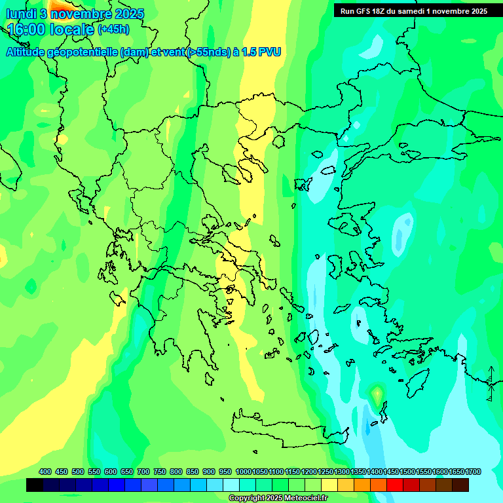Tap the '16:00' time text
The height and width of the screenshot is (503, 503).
[26, 29]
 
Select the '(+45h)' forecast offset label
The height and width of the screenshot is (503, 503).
[113, 29]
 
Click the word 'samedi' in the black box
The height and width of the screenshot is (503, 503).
[412, 11]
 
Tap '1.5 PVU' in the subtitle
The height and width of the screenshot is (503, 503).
[261, 52]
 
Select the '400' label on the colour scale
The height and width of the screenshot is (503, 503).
[45, 472]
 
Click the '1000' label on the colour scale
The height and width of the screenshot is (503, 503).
[243, 472]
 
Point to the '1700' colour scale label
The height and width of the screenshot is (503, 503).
[473, 472]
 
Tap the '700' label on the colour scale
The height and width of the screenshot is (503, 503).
[143, 472]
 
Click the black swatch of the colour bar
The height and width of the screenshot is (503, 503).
[35, 485]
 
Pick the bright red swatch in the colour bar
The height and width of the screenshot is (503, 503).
[395, 485]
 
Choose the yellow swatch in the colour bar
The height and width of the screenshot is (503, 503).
[329, 485]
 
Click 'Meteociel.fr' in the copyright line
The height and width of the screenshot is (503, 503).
[302, 498]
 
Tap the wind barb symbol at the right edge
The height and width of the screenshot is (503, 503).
[491, 383]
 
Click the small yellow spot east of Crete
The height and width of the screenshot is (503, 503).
[377, 394]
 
